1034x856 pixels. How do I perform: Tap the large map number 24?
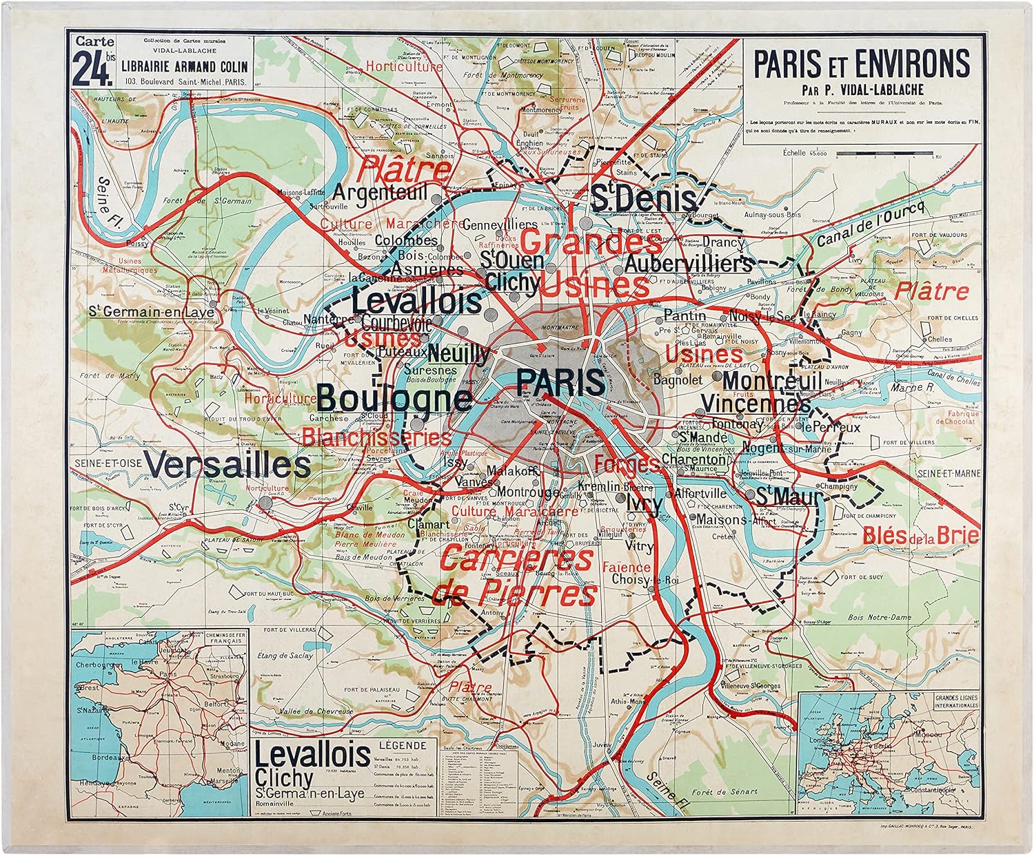click(94, 70)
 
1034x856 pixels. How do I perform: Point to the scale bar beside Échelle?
click(885, 154)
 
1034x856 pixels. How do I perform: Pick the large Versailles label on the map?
click(228, 466)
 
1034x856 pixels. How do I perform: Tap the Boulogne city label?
click(394, 399)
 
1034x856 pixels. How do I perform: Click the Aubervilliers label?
click(688, 264)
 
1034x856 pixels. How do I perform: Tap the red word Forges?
click(626, 463)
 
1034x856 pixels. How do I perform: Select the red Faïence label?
click(626, 567)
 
